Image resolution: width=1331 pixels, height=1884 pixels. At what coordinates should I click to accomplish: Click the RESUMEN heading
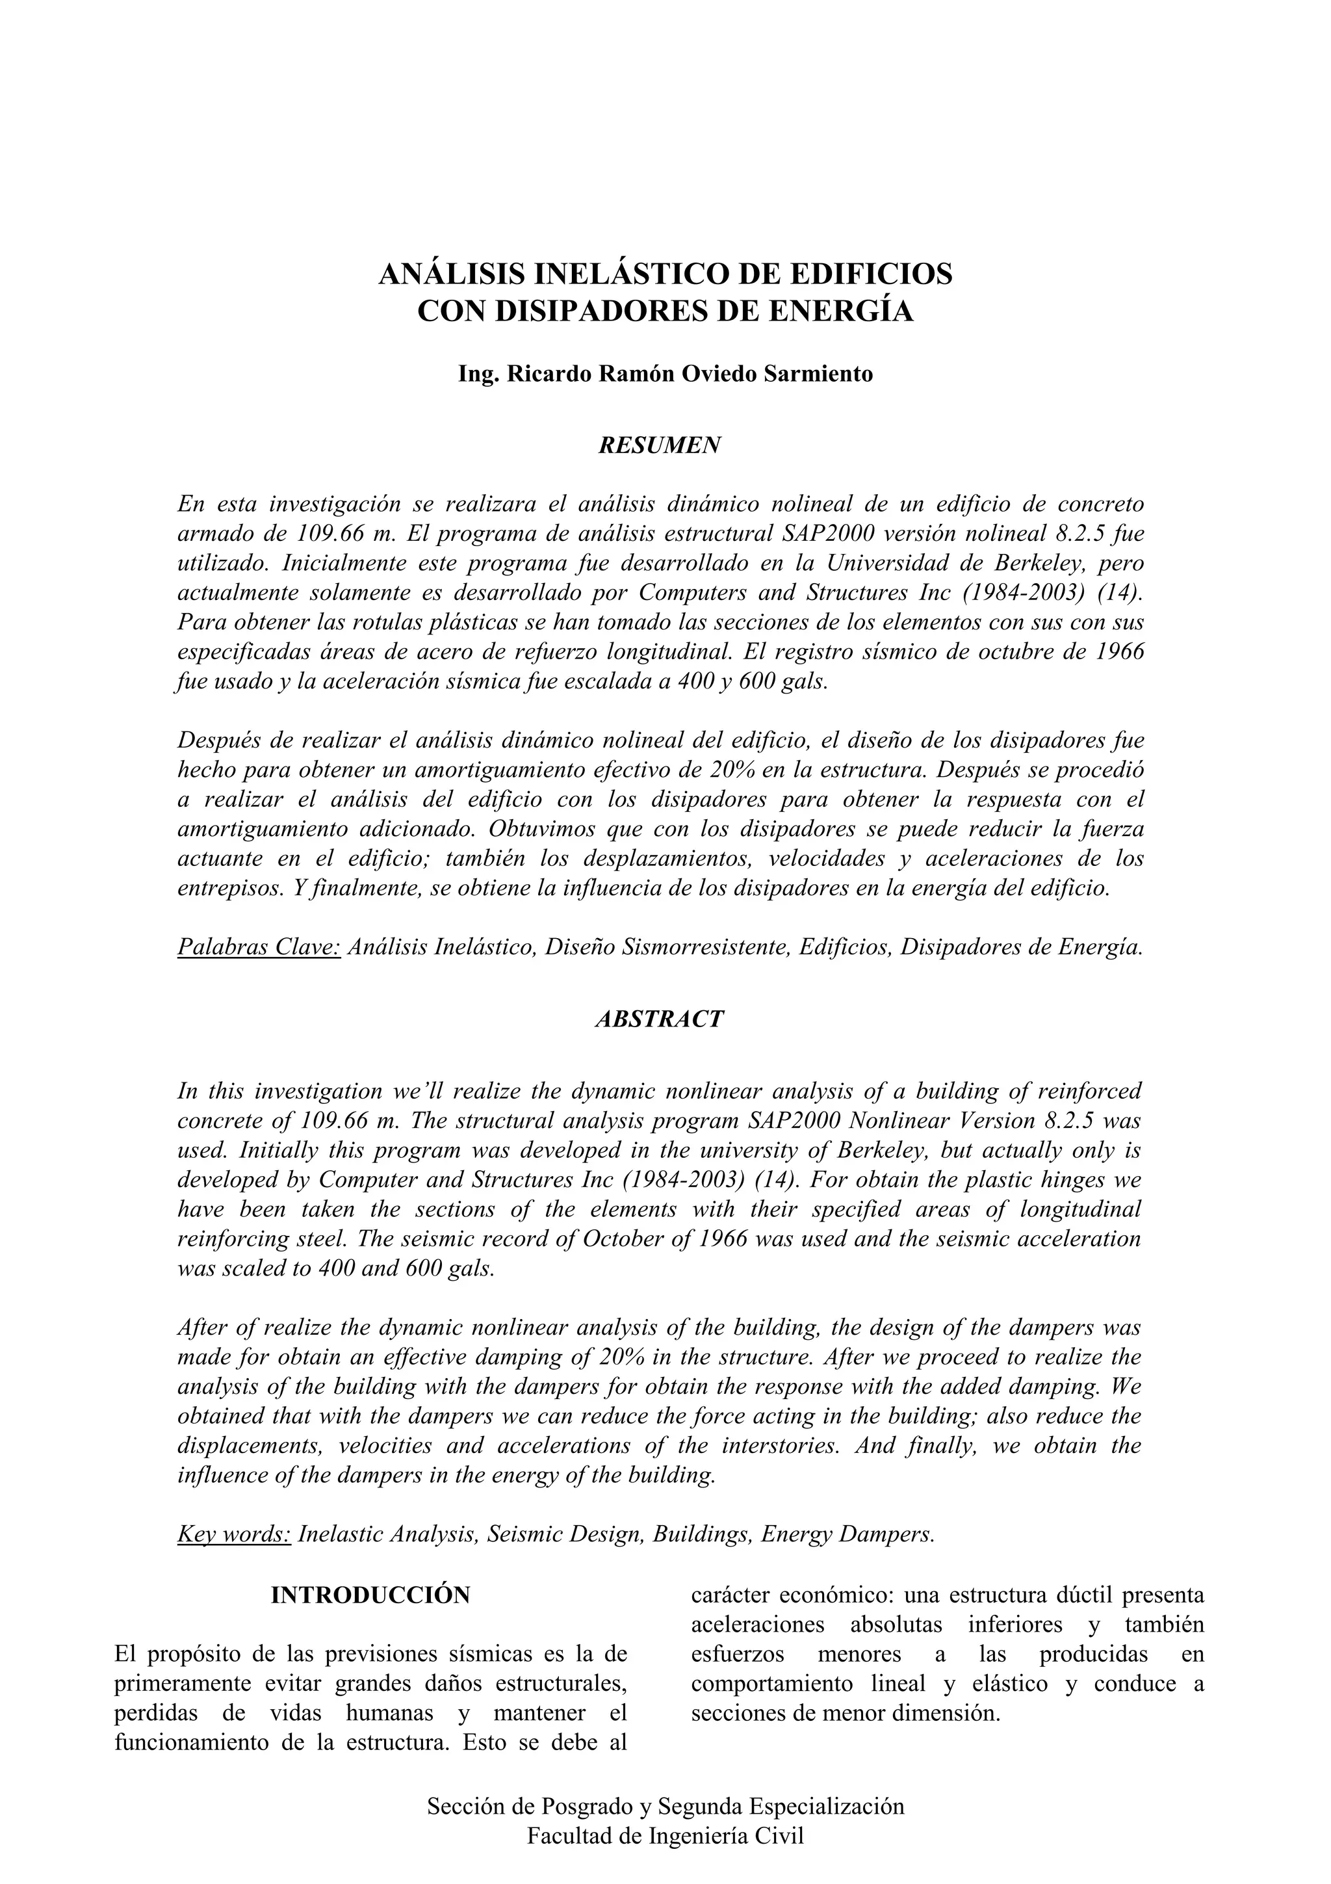click(660, 445)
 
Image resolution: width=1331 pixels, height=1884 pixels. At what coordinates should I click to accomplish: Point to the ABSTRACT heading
click(660, 1019)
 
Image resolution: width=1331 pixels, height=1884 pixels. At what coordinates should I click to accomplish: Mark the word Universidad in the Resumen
click(901, 564)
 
